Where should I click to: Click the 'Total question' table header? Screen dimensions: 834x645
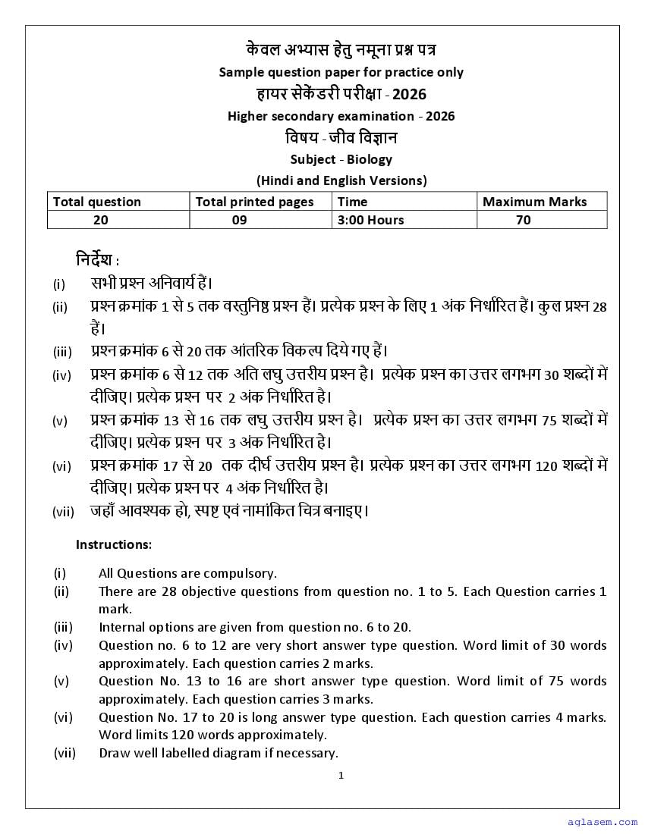click(x=96, y=202)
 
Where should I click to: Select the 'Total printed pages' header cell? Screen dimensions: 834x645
click(x=254, y=202)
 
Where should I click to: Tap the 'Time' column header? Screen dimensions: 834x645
click(x=352, y=202)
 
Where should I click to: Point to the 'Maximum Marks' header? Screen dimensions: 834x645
click(x=534, y=202)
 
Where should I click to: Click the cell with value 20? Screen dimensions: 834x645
click(x=100, y=220)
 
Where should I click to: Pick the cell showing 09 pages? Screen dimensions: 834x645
click(x=240, y=220)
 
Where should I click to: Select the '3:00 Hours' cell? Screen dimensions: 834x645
click(x=370, y=220)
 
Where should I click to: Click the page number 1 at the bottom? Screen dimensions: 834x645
click(x=341, y=775)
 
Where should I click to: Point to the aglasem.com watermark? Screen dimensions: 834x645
click(x=599, y=822)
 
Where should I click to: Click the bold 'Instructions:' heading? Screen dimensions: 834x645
click(x=114, y=544)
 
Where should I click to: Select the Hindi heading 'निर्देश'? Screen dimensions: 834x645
click(x=97, y=260)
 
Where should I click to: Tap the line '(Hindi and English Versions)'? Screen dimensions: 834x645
click(x=341, y=180)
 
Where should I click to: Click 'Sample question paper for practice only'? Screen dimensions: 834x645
click(x=341, y=72)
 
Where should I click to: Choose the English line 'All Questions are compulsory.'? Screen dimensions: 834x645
click(x=187, y=573)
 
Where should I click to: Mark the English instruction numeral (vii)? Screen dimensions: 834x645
click(x=64, y=754)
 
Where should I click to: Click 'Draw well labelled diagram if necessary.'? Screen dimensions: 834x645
click(x=218, y=754)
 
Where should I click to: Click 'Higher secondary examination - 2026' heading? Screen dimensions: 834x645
click(x=341, y=116)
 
